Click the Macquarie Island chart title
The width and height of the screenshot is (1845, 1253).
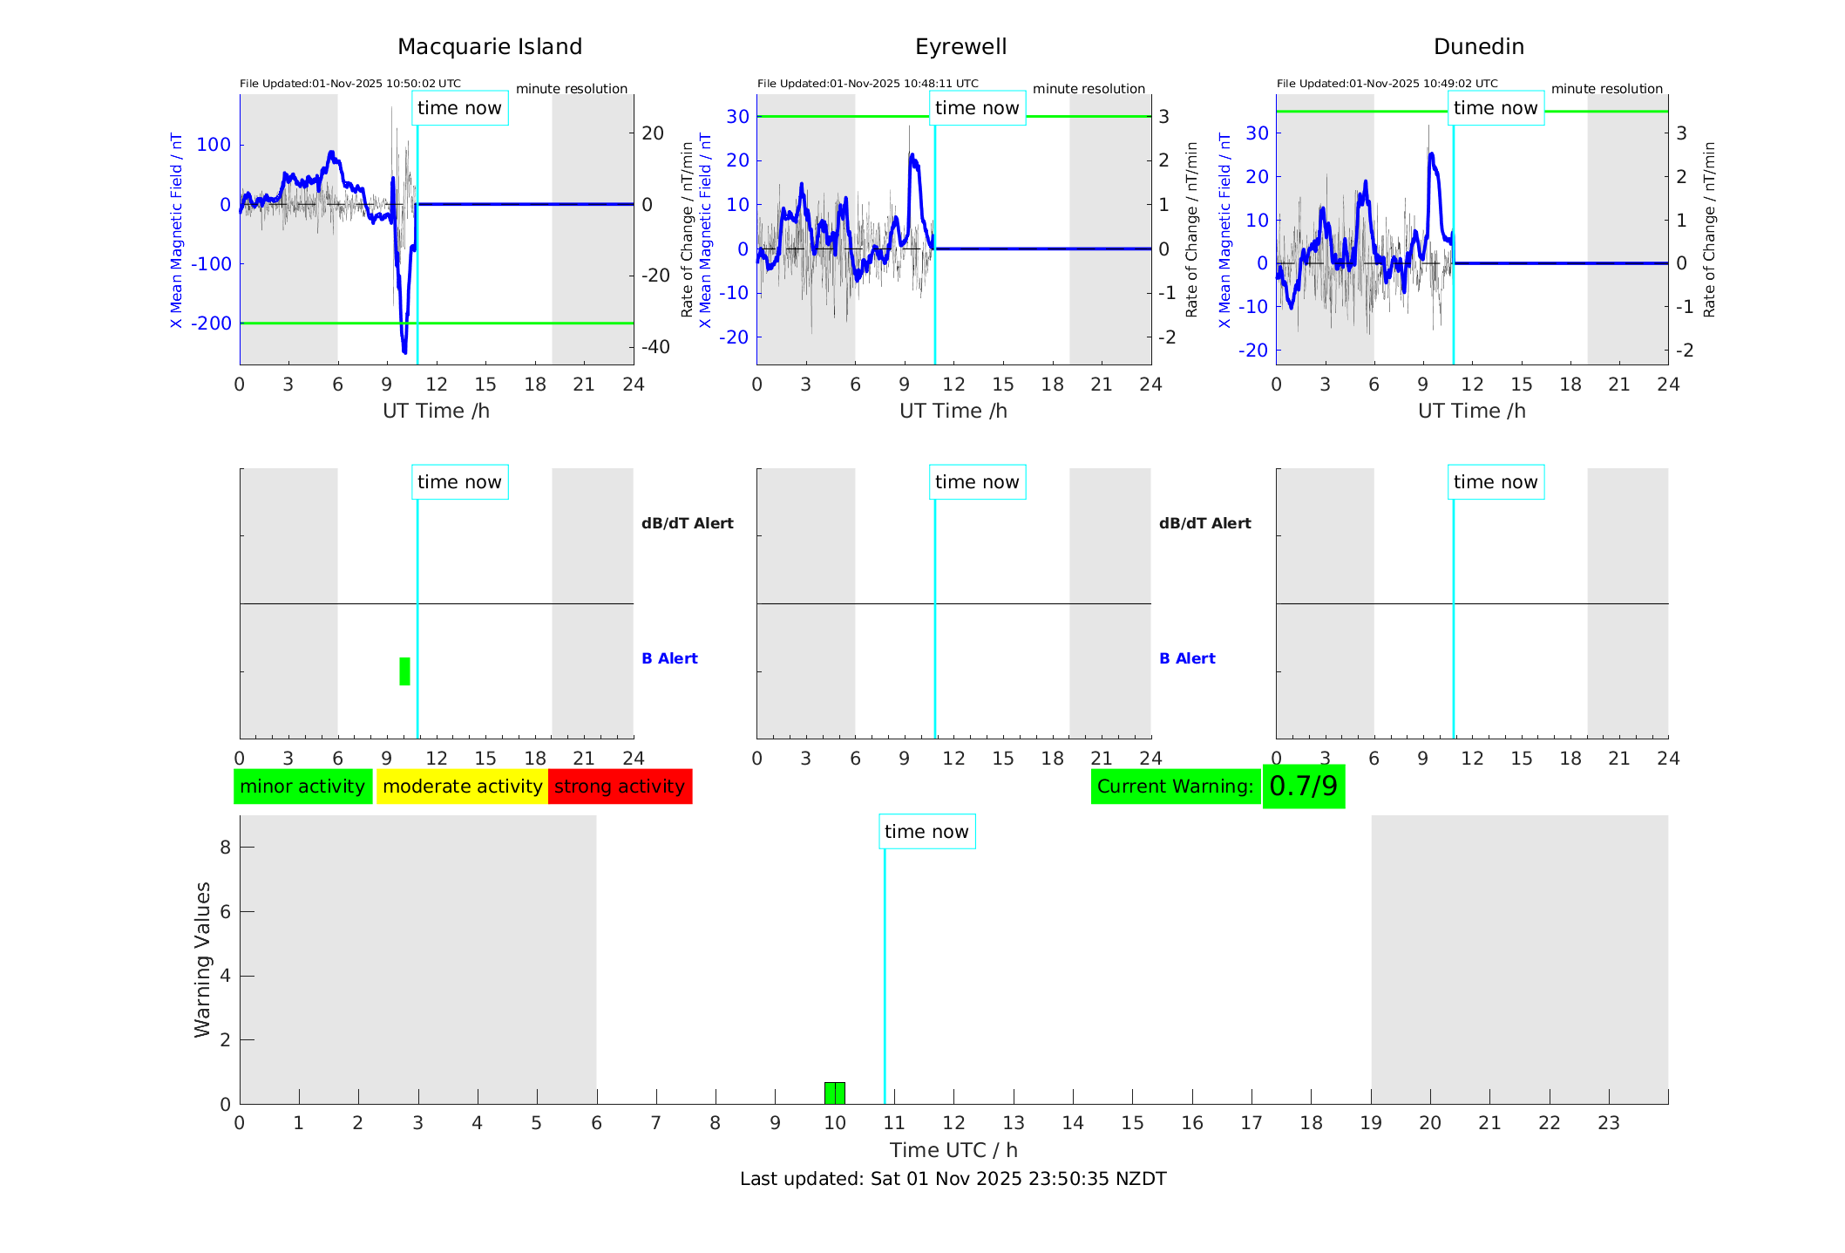(489, 47)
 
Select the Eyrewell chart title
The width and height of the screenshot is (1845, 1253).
(960, 47)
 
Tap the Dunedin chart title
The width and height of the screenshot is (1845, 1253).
(1478, 47)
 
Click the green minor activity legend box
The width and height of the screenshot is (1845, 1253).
(302, 787)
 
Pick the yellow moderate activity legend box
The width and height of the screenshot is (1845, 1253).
(462, 787)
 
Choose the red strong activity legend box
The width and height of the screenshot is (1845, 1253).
(620, 787)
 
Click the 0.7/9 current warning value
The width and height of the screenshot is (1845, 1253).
(1303, 787)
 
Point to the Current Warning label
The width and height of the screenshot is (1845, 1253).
(1175, 787)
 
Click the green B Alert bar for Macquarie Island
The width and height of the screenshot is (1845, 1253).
(404, 671)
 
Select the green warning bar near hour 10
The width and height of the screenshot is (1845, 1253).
(834, 1093)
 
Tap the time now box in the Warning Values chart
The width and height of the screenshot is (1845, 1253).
(926, 832)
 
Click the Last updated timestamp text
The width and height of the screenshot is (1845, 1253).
(953, 1179)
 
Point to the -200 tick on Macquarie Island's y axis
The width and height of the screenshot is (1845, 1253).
(212, 323)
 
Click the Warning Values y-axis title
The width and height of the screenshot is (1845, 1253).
(203, 959)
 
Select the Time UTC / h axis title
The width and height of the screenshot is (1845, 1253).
(953, 1150)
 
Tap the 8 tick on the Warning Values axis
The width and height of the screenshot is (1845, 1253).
(225, 847)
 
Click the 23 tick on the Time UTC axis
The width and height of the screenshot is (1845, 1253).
(1608, 1123)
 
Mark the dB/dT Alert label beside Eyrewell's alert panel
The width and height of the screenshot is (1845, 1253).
(1204, 523)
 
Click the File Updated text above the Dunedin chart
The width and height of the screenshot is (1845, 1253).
(1387, 84)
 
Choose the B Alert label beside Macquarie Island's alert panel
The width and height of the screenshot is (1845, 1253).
(669, 658)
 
